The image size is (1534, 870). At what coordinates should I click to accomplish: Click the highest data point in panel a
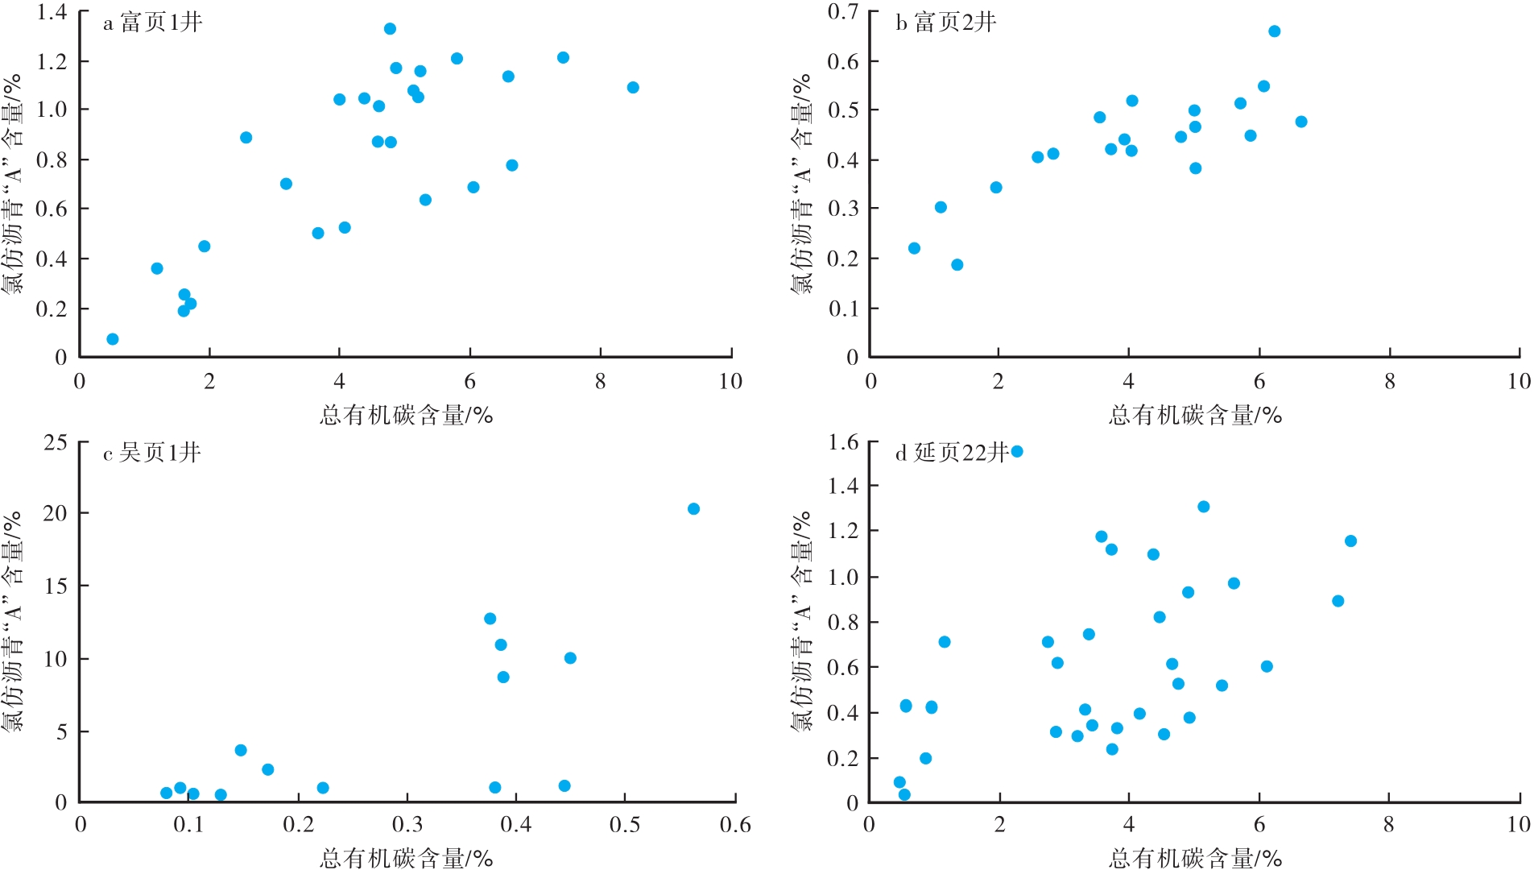point(390,29)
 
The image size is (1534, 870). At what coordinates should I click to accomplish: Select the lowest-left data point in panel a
point(113,339)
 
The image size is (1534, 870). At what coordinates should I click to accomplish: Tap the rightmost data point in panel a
point(633,88)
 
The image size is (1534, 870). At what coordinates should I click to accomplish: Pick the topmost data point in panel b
point(1274,31)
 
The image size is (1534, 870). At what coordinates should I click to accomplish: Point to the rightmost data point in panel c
point(693,509)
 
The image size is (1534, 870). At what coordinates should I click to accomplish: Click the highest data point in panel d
point(1017,452)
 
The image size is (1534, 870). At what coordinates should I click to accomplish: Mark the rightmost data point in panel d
point(1350,541)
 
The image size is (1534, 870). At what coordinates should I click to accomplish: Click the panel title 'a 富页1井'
point(152,22)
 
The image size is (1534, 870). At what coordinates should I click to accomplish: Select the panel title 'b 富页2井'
point(945,22)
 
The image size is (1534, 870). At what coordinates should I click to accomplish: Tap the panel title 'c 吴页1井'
point(151,453)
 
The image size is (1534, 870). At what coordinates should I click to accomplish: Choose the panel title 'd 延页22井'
point(952,453)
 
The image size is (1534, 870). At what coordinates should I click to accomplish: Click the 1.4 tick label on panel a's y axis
point(52,12)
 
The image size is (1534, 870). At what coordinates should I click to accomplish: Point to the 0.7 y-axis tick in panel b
point(843,12)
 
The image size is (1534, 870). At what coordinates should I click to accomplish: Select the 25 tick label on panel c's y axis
point(56,442)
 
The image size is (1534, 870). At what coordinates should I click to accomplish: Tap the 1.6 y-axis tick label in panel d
point(843,442)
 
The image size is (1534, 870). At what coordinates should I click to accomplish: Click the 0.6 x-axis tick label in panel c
point(734,825)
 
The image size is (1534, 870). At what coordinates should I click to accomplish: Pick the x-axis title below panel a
point(406,416)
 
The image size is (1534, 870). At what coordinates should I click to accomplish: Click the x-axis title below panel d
point(1195,859)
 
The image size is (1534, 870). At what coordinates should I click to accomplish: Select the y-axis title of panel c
point(12,620)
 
